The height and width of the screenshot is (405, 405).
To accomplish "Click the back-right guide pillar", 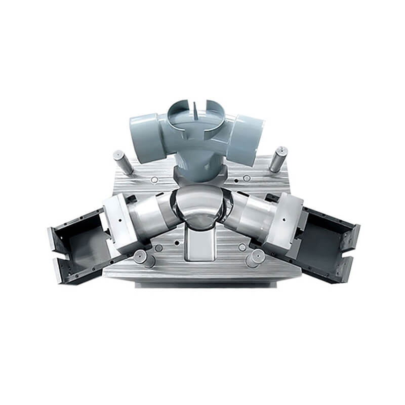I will (x=278, y=158).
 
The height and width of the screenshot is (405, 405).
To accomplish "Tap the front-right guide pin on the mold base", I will (x=253, y=258).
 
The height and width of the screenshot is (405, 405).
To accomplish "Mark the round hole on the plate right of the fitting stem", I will (x=246, y=178).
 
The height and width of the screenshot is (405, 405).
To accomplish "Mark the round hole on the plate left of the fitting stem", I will (x=153, y=180).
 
